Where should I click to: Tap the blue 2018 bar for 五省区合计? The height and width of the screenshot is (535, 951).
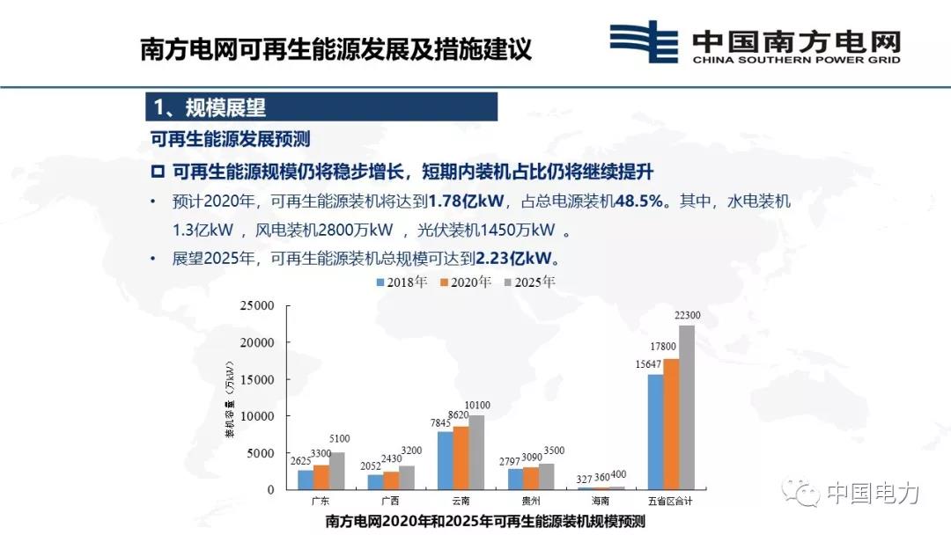(656, 432)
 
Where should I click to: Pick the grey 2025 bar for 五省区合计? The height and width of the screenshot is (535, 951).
(687, 407)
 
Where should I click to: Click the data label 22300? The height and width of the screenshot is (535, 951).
(687, 316)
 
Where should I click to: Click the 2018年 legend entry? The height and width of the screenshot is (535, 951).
(402, 282)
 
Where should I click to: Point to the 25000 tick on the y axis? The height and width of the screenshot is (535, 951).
(257, 305)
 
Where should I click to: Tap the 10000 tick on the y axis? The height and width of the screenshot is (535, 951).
(257, 416)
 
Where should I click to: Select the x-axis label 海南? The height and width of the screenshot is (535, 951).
(601, 501)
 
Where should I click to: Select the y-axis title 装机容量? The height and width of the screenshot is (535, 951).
(230, 400)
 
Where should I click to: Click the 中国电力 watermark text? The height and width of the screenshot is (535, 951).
(873, 493)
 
